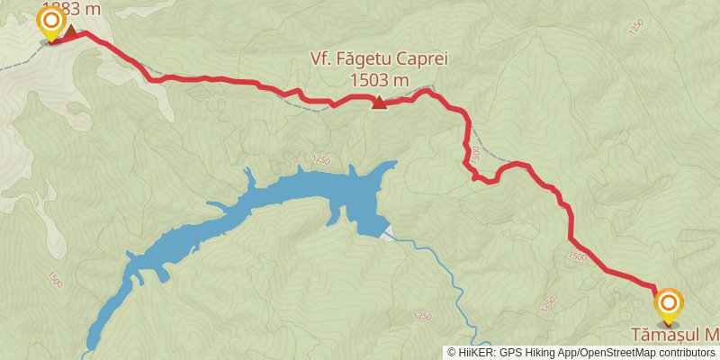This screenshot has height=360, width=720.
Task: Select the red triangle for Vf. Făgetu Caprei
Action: coord(380,102)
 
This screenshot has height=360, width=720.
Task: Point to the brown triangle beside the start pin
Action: coord(69,31)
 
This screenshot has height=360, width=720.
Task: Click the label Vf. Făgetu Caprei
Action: coord(378,60)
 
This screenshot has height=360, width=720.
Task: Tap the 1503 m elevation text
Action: coord(380,80)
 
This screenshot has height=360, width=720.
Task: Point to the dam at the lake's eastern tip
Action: coord(385,232)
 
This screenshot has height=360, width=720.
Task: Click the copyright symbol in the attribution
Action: coord(453,352)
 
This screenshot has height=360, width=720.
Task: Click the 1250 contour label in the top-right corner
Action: coord(637,27)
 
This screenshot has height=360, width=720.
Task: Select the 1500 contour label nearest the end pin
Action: coord(576,257)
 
